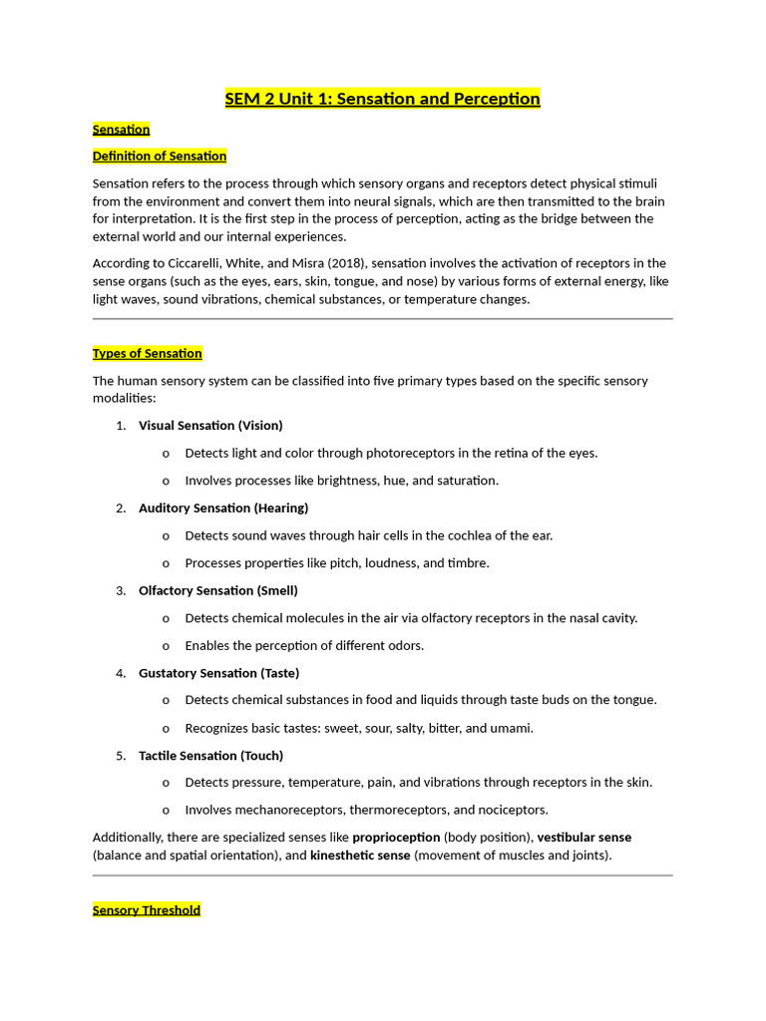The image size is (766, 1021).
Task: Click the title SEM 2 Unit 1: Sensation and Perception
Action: click(382, 99)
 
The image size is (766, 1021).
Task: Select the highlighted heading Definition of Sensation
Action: click(160, 157)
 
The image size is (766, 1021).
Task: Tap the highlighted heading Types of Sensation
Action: click(148, 354)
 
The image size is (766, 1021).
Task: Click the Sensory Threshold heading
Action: click(147, 910)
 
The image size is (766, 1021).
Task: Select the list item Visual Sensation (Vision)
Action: click(210, 426)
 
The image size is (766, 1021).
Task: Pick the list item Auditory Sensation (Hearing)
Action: click(223, 509)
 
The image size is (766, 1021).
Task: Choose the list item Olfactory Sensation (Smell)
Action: click(218, 591)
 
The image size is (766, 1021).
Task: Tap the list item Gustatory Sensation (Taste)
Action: click(218, 674)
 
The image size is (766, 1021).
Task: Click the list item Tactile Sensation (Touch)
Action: click(210, 756)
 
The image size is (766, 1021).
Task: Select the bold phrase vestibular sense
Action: click(584, 838)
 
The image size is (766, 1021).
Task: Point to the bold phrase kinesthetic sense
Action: click(360, 855)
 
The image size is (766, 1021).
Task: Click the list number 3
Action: click(120, 591)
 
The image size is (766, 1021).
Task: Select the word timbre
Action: click(469, 563)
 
